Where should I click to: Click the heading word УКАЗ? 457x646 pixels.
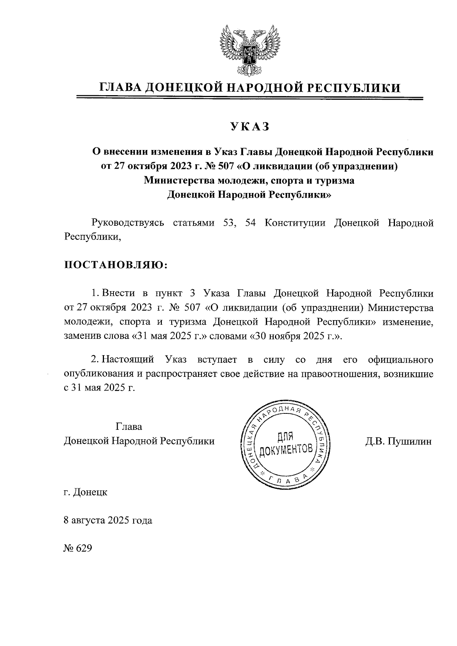pyautogui.click(x=249, y=127)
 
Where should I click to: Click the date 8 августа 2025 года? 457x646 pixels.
pyautogui.click(x=108, y=520)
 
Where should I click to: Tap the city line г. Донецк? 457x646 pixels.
pyautogui.click(x=86, y=492)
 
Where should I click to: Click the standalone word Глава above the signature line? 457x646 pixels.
pyautogui.click(x=129, y=427)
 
